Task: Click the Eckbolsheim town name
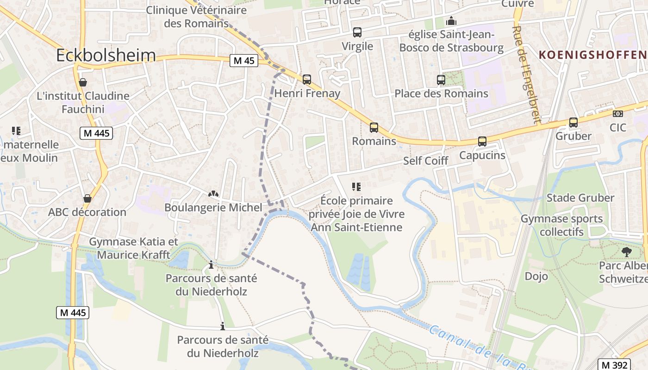tap(106, 55)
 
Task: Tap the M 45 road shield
tap(244, 61)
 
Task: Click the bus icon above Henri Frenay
tap(306, 80)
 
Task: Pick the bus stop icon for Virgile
tap(357, 32)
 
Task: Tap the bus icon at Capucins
tap(482, 142)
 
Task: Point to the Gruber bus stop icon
tap(573, 123)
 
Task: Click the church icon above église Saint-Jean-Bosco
tap(451, 21)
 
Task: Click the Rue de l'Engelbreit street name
tap(527, 74)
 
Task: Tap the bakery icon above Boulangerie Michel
tap(213, 194)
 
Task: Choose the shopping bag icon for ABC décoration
tap(87, 198)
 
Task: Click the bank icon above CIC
tap(617, 114)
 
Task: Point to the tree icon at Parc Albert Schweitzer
tap(626, 252)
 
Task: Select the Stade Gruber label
tap(580, 198)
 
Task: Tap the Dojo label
tap(536, 276)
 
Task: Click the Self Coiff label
tap(426, 160)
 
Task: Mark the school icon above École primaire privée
tap(356, 187)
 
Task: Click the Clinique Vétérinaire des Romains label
tap(196, 17)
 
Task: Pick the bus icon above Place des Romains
tap(441, 80)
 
